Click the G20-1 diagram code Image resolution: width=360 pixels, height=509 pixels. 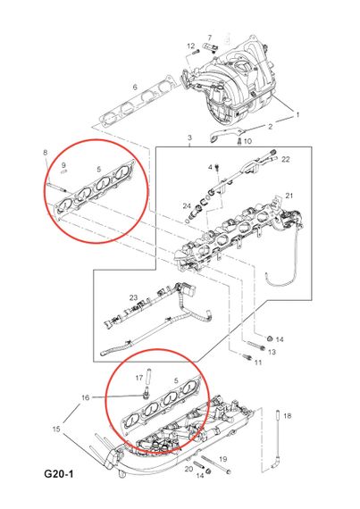coord(59,474)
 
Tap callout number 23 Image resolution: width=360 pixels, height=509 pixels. coord(133,297)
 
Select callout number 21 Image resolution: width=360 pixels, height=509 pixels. coord(289,196)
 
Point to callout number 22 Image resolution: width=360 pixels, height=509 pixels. coord(285,159)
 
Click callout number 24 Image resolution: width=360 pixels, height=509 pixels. coord(187,205)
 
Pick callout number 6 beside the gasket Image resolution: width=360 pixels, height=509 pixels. coord(135,87)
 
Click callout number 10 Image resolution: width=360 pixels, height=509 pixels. coord(247,141)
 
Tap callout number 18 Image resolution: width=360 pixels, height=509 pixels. coord(288,415)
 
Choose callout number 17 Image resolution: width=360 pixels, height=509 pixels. coord(139,378)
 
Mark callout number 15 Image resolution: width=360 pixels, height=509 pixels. coord(56,429)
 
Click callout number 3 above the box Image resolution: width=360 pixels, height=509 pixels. coord(190,138)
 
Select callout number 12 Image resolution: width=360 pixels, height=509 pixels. coord(191,46)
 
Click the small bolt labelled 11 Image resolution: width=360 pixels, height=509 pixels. coord(247,357)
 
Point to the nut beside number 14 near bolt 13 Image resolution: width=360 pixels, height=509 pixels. coord(269,338)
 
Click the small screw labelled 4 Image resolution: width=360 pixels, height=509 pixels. coord(217,168)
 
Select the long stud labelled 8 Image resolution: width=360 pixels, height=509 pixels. coord(56,188)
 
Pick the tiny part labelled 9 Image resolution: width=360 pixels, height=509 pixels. coord(64,172)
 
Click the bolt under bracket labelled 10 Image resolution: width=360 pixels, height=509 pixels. coord(239,141)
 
